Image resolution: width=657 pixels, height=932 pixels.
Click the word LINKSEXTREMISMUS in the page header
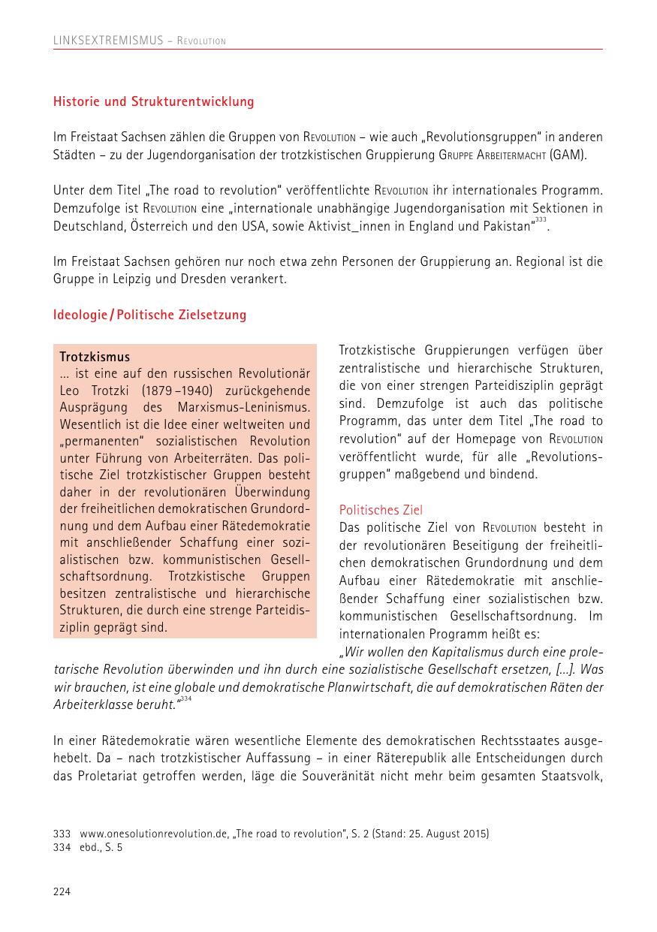(107, 41)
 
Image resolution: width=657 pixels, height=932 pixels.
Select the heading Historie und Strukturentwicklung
(153, 101)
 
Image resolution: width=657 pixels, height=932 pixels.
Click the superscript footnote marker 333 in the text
(541, 220)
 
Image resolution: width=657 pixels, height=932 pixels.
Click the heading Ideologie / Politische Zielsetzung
(149, 315)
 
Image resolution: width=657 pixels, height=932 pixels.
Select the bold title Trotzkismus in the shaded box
(95, 357)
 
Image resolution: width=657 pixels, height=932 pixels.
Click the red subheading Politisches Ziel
(381, 510)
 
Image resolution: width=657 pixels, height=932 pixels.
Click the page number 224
(62, 891)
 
